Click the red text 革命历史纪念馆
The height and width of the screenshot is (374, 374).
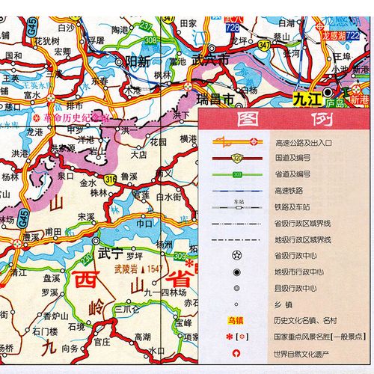tap(79, 117)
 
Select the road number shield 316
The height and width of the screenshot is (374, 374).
tap(111, 179)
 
